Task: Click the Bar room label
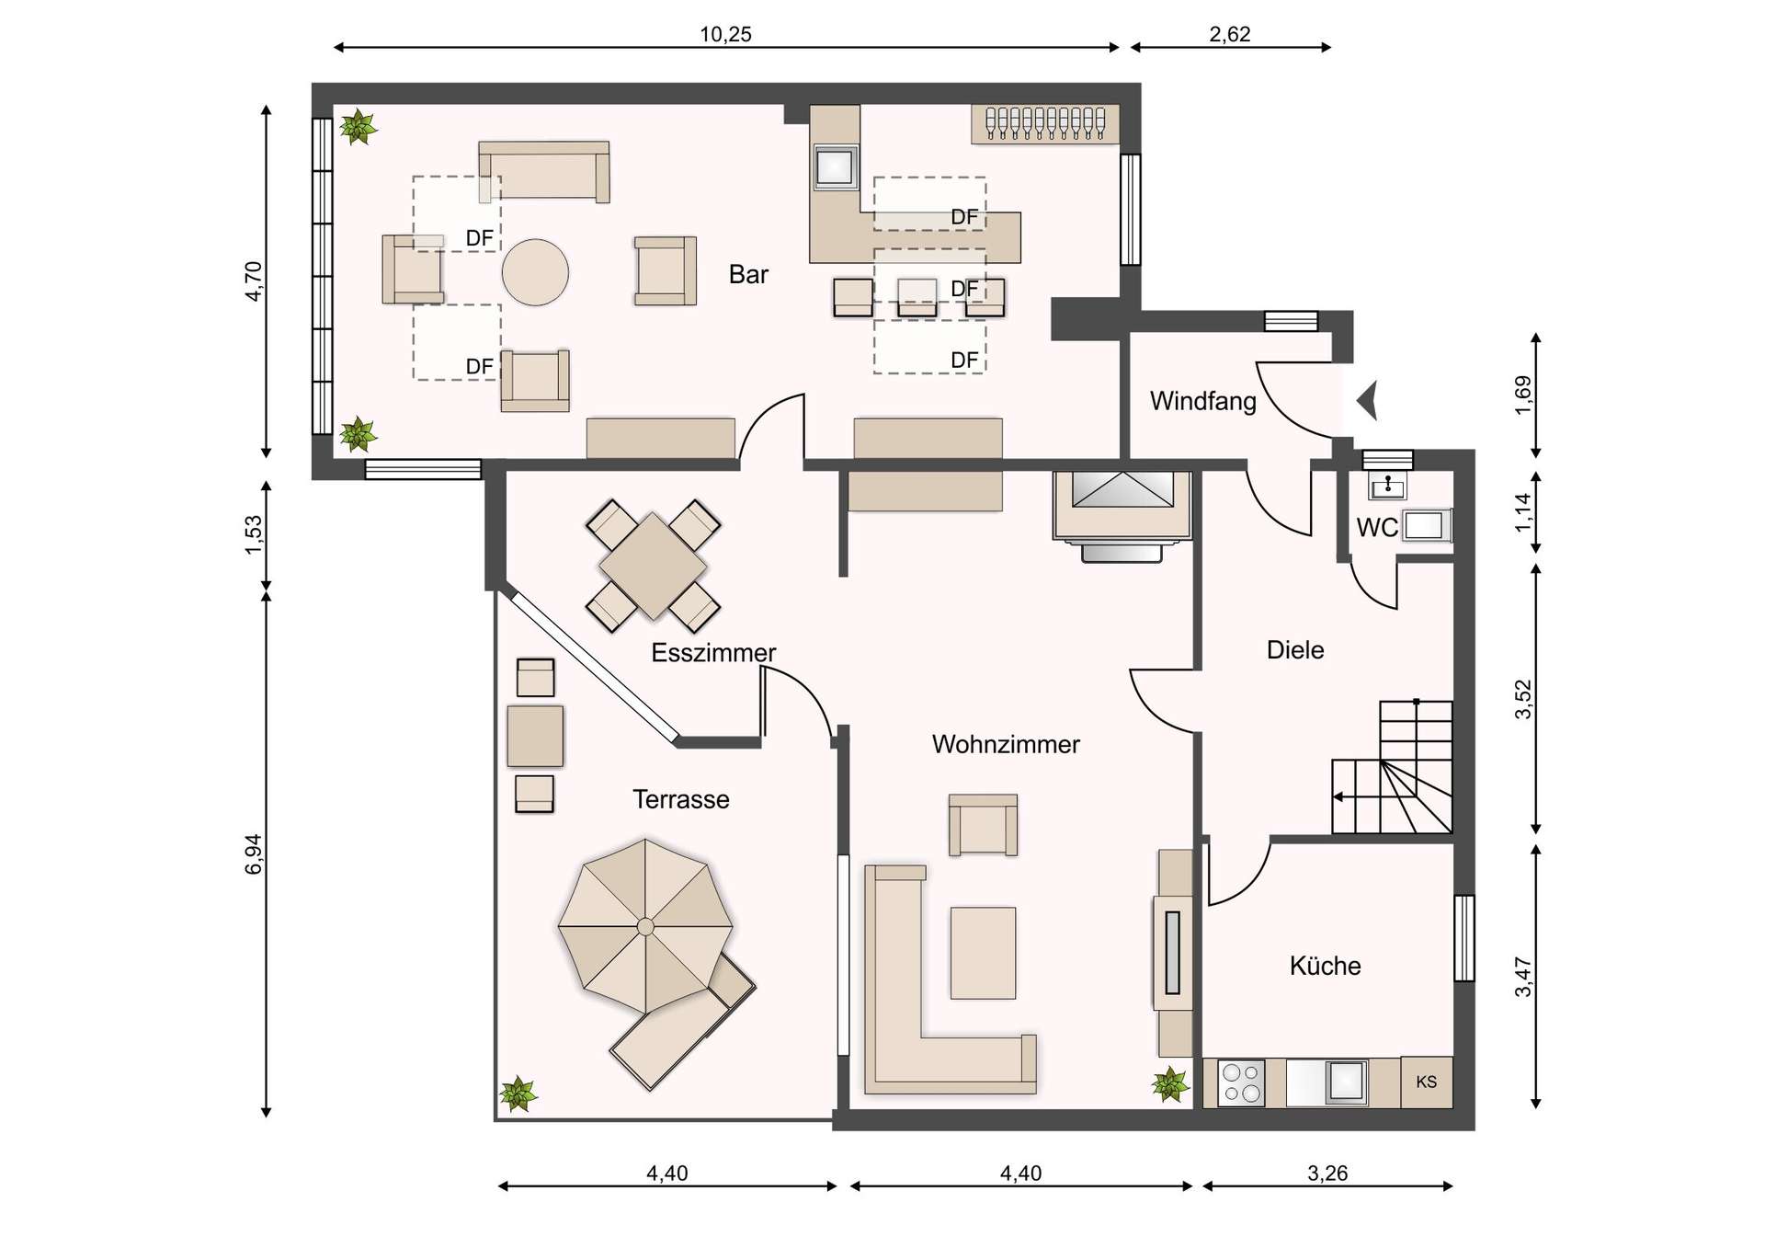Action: (x=748, y=274)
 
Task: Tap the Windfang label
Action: (x=1202, y=401)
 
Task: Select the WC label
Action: (x=1377, y=528)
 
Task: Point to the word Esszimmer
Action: (x=713, y=653)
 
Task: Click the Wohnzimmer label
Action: (x=1006, y=744)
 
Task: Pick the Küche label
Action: (x=1325, y=966)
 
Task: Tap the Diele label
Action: (x=1295, y=650)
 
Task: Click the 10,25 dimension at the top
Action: (x=725, y=35)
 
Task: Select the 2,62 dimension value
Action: (x=1229, y=35)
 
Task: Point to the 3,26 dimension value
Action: (x=1327, y=1174)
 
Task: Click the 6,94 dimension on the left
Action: (x=254, y=853)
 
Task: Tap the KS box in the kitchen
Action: (x=1426, y=1082)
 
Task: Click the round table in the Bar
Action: (x=535, y=272)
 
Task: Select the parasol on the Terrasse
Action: (x=645, y=925)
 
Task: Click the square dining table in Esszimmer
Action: (x=653, y=565)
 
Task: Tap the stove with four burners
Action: (x=1241, y=1082)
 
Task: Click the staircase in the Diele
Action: (x=1392, y=767)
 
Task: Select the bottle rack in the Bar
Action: (x=1045, y=124)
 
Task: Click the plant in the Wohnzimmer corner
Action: (x=1170, y=1084)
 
